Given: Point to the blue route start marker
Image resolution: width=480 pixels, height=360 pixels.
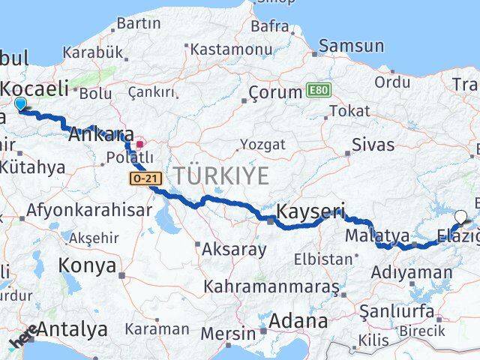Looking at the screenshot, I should click(x=20, y=104).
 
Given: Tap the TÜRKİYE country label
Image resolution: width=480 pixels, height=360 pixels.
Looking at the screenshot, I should click(x=221, y=177).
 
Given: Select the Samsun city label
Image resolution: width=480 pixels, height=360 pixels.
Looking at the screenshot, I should click(x=352, y=46).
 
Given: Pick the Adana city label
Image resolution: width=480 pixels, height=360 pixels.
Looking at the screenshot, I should click(x=298, y=321).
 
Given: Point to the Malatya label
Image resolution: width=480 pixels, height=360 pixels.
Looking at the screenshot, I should click(x=377, y=236).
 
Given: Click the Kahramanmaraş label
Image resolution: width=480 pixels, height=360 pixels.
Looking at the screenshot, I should click(x=270, y=287).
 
